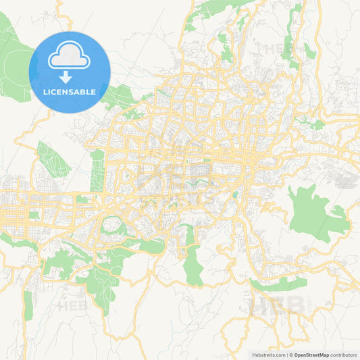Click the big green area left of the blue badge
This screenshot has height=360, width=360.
point(12,61)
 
